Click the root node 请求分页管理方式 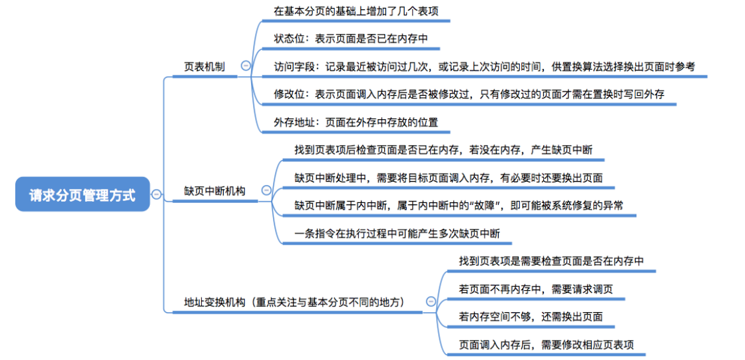pos(83,194)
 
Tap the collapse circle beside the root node pos(156,194)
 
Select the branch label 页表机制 pos(204,67)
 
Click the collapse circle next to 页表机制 pos(246,66)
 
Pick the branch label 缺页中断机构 pos(214,191)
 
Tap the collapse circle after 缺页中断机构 pos(266,190)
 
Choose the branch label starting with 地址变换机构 pos(294,302)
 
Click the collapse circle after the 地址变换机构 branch pos(430,302)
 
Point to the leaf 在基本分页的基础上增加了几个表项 pos(356,11)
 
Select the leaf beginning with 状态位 pos(350,39)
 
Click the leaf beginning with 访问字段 pos(484,67)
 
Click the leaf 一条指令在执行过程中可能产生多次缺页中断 pos(397,233)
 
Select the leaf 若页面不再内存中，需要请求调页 pos(535,289)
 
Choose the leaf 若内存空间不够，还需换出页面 pos(531,317)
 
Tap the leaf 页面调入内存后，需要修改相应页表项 pos(546,345)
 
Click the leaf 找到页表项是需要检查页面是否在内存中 pos(551,261)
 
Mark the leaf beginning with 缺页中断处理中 pos(449,177)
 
